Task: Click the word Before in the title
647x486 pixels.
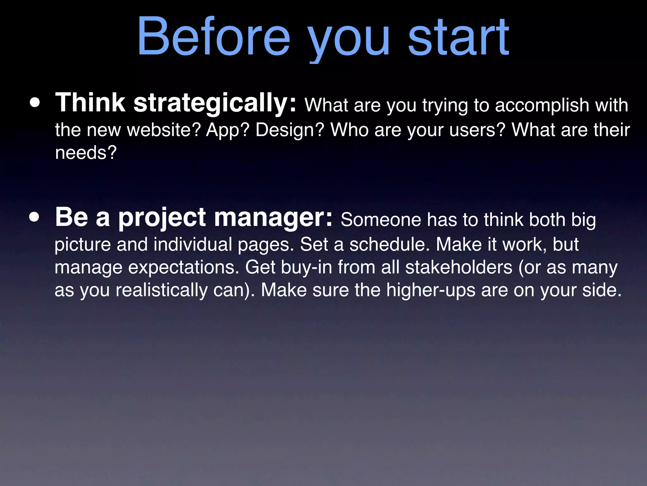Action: [x=214, y=36]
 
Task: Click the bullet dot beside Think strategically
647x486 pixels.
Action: [x=35, y=103]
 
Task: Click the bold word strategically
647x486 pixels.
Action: [x=215, y=103]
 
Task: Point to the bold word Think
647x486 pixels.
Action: [x=90, y=103]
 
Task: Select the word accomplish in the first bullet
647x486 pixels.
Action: [x=542, y=105]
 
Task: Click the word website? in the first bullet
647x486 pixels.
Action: [x=164, y=130]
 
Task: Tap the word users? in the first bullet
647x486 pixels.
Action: [x=478, y=130]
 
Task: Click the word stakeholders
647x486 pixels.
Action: [x=459, y=267]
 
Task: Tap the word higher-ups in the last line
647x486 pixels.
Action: [x=431, y=290]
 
